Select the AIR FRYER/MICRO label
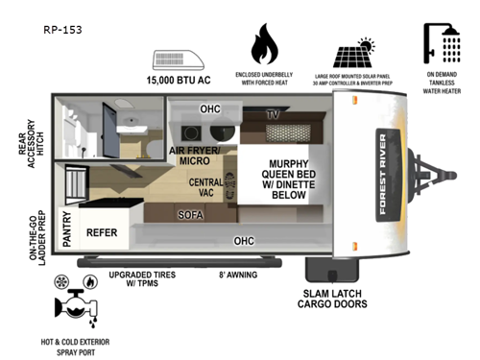click(x=195, y=156)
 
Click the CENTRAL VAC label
click(x=206, y=187)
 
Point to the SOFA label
click(x=191, y=215)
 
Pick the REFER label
click(x=103, y=232)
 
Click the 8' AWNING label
click(x=240, y=274)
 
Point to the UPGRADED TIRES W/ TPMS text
click(x=147, y=278)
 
